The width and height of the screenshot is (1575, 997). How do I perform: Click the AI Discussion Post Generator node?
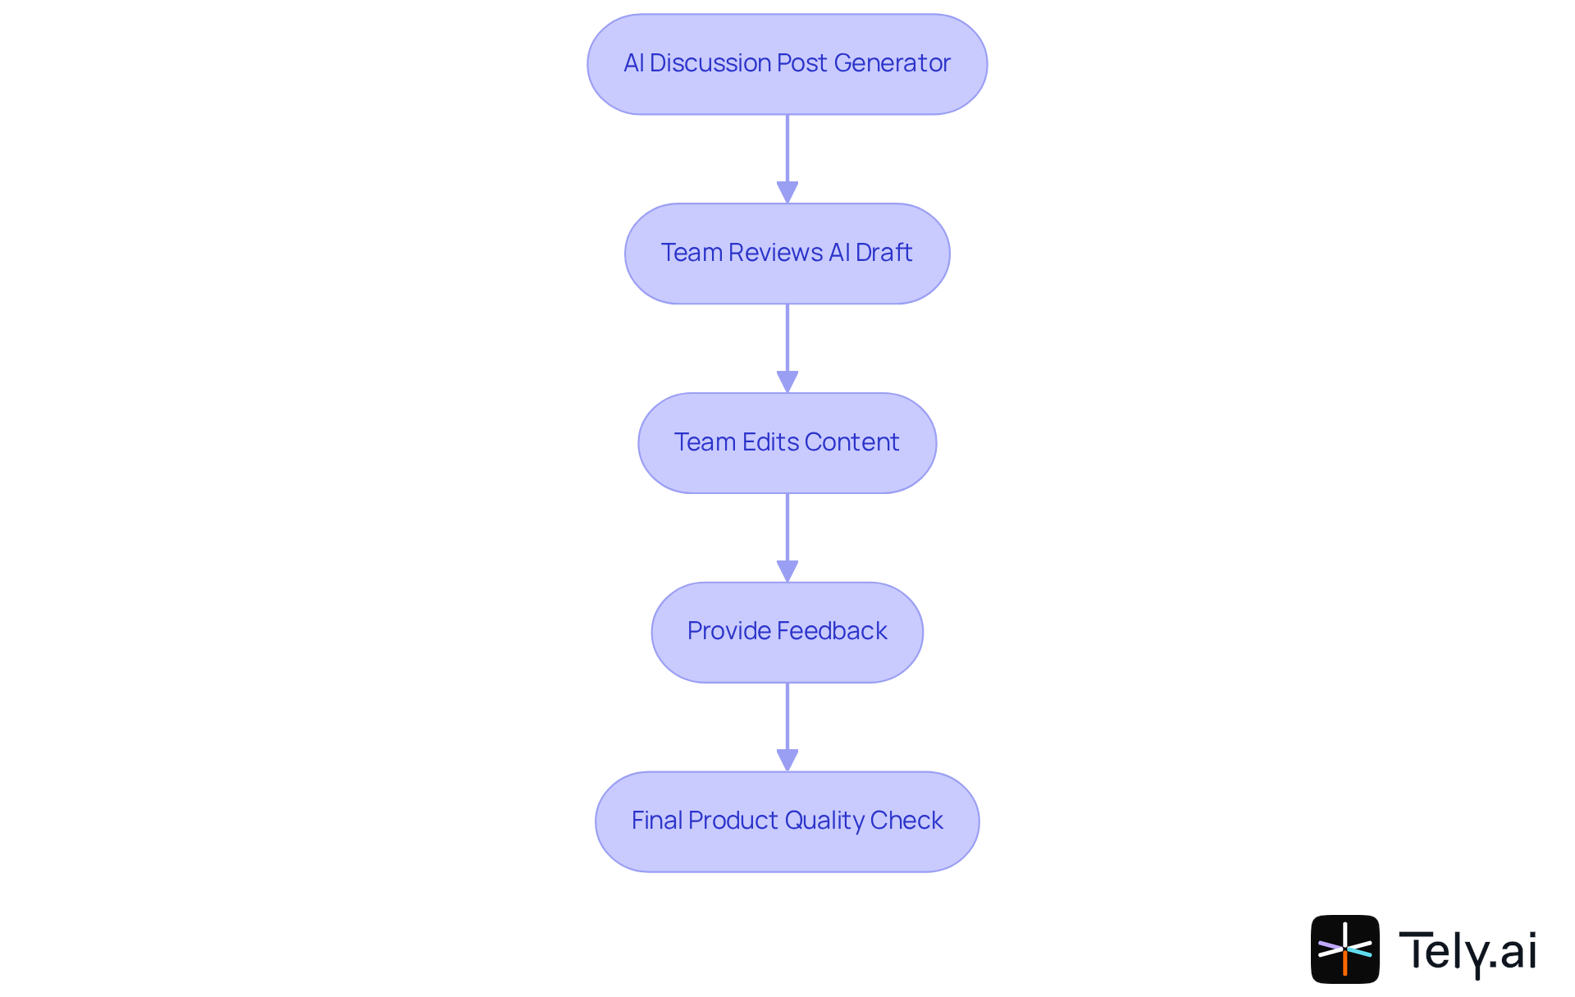[787, 64]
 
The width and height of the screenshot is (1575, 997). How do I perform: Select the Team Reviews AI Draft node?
[787, 254]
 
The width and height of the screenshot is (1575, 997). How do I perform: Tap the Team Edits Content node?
[787, 443]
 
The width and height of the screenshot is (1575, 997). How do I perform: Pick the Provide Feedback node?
[787, 632]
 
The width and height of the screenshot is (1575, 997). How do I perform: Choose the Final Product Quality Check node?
[787, 821]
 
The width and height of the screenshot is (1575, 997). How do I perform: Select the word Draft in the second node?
[883, 253]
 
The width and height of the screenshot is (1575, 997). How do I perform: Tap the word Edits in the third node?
[769, 442]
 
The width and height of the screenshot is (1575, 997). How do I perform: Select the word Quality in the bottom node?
[824, 821]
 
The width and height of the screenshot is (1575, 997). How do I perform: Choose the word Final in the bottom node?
[656, 821]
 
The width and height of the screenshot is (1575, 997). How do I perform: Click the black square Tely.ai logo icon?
[1344, 949]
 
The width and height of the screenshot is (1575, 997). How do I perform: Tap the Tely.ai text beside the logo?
[1467, 950]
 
